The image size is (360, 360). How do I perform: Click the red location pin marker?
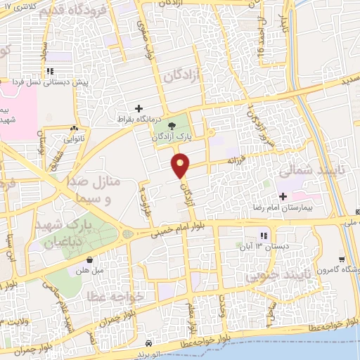click(x=181, y=166)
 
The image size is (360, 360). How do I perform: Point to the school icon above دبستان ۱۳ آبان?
click(x=264, y=236)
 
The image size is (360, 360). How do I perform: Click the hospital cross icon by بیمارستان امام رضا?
click(x=283, y=196)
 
